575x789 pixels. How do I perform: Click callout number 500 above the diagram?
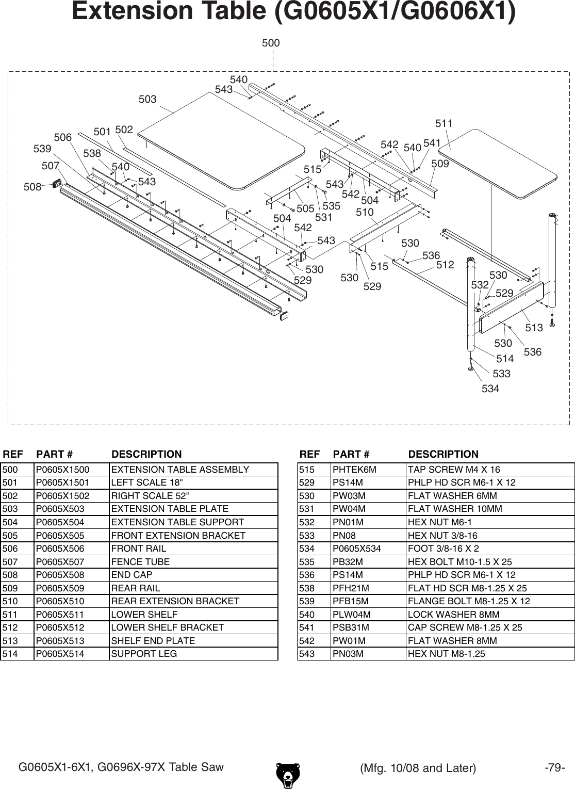[271, 43]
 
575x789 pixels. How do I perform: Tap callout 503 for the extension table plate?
[147, 99]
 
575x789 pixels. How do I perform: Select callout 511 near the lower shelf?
[443, 124]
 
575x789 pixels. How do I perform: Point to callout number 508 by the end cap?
[32, 187]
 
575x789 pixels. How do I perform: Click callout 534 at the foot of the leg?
[490, 389]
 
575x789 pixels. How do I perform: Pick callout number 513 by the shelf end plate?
[534, 328]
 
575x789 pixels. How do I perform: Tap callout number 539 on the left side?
[42, 149]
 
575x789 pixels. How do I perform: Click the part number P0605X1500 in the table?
[62, 470]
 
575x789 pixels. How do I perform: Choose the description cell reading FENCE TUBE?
[140, 562]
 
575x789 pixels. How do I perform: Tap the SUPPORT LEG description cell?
[144, 654]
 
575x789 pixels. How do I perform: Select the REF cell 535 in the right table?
[307, 562]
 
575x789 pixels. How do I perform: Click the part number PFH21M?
[351, 588]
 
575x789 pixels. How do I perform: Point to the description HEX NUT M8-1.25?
[446, 654]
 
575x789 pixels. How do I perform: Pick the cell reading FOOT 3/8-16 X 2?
[443, 549]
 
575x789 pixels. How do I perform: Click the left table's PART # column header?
[54, 455]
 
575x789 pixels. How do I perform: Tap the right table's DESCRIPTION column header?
[443, 455]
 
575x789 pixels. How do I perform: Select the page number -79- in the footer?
[555, 767]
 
